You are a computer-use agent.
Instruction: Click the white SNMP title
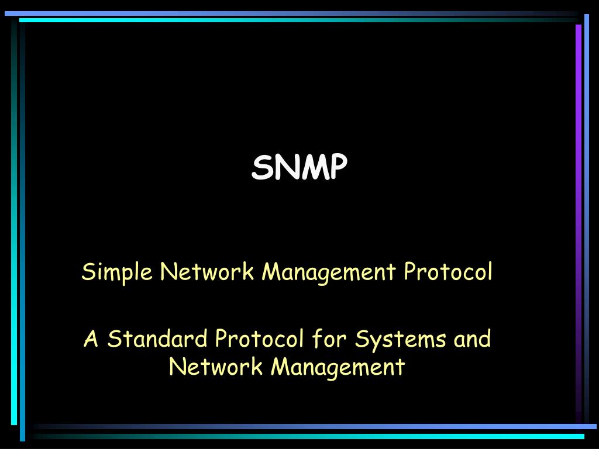tap(299, 167)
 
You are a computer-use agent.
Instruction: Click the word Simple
tap(117, 272)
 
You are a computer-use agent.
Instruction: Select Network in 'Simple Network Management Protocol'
tap(206, 271)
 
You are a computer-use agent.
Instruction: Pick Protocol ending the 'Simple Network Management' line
tap(448, 271)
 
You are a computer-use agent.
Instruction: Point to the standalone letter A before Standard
tap(91, 339)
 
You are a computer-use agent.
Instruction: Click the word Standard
tap(157, 339)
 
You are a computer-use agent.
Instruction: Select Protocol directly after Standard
tap(259, 339)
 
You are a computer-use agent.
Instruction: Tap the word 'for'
tap(329, 339)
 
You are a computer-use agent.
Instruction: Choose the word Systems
tap(400, 340)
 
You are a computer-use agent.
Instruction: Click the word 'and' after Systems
tap(472, 339)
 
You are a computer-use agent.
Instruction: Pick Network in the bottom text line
tap(216, 366)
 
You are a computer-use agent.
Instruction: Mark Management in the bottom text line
tap(338, 367)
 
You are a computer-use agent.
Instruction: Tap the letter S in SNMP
tap(262, 167)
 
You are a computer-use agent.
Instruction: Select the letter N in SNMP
tap(287, 167)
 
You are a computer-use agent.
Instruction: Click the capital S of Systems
tap(362, 339)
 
